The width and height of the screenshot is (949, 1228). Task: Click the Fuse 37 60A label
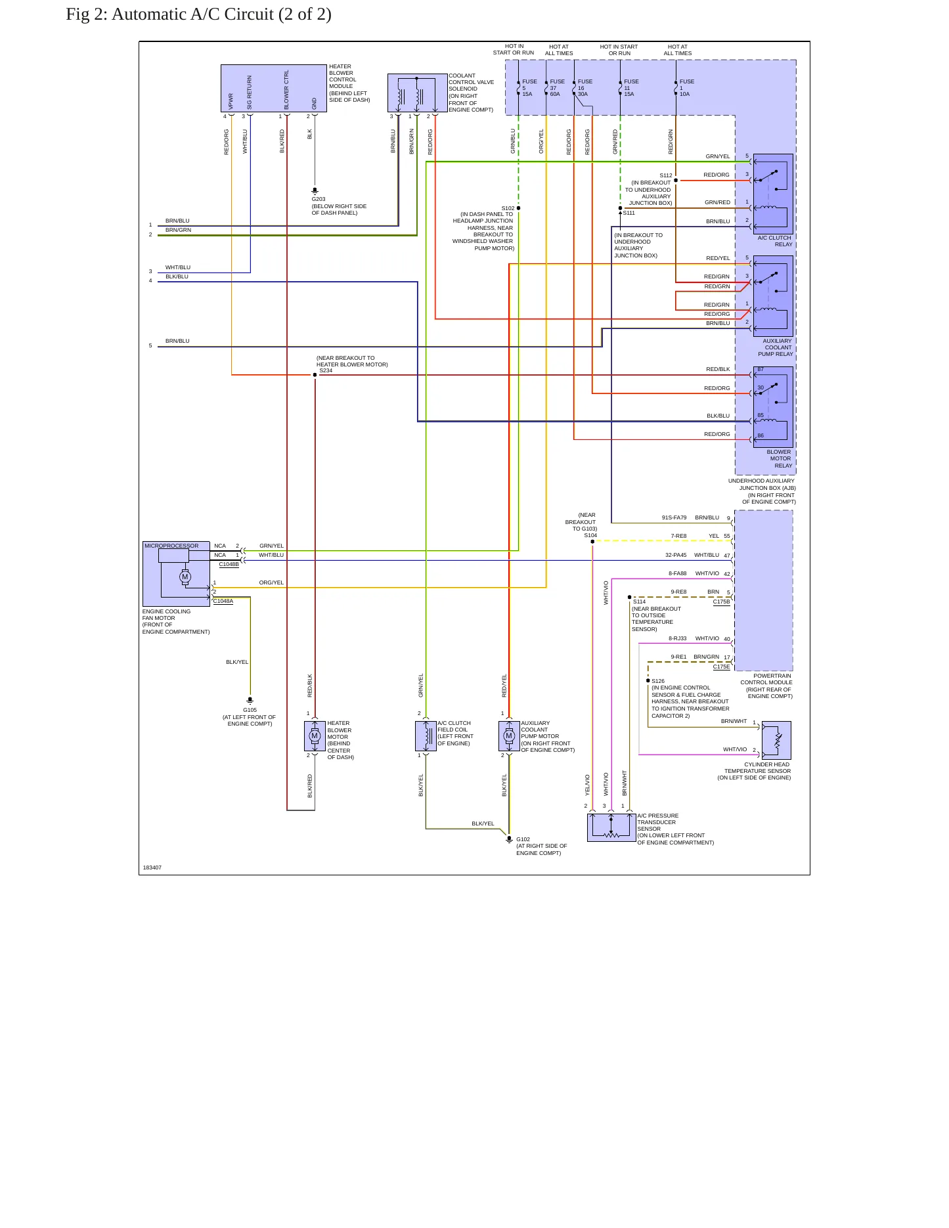click(557, 88)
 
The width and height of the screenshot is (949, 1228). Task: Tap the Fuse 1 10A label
click(686, 88)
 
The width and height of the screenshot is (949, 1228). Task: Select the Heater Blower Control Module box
click(274, 89)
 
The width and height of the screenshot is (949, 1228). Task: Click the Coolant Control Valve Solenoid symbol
click(418, 93)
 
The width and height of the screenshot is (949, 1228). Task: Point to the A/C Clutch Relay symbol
click(773, 194)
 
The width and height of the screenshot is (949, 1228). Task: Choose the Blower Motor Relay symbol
click(773, 407)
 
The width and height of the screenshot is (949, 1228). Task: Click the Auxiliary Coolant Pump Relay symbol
click(773, 296)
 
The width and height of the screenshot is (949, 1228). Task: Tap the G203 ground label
click(319, 199)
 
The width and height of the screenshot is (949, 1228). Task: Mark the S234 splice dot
click(315, 375)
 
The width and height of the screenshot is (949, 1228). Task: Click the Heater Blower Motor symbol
click(315, 736)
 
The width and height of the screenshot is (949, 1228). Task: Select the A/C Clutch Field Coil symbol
click(426, 736)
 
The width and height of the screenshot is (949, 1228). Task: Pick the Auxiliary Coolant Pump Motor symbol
click(509, 736)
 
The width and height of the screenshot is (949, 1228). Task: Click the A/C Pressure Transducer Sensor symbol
click(611, 827)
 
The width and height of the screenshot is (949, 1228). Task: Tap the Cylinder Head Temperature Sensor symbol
click(776, 741)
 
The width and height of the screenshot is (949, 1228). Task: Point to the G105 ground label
click(250, 710)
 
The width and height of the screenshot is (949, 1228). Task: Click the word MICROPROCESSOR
click(171, 546)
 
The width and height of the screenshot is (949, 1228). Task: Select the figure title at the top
click(198, 14)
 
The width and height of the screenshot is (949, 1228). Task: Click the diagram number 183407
click(152, 867)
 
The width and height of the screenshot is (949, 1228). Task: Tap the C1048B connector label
click(229, 564)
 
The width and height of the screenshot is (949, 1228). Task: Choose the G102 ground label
click(523, 839)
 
